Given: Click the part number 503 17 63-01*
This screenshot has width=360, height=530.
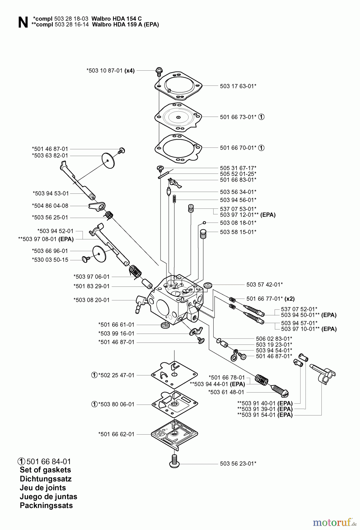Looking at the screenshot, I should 238,86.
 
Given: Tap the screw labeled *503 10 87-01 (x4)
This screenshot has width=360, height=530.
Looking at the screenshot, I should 158,70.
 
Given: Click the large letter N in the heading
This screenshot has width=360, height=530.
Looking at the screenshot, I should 23,22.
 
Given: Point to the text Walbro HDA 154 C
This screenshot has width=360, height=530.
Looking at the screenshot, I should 117,19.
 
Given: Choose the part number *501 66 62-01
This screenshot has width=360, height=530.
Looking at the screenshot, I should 116,434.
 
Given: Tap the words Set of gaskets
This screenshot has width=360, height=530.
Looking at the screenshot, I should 45,470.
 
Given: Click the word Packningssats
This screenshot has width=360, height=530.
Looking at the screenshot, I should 46,505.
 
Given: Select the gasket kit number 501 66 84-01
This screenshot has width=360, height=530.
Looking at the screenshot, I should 49,461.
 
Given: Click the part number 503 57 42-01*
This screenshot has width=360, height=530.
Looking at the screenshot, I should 265,284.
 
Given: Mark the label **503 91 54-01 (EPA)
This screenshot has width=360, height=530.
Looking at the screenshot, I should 265,415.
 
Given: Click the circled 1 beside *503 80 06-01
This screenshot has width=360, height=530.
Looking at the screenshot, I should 94,404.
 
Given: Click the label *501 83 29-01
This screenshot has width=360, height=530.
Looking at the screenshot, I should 91,286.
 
